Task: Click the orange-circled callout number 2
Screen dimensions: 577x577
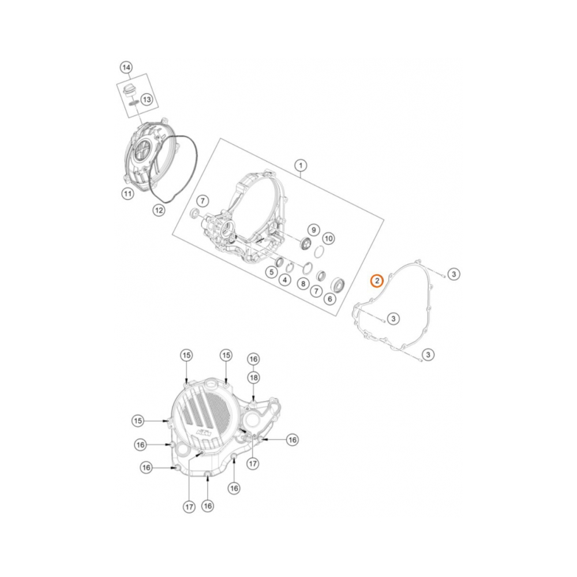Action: tap(376, 280)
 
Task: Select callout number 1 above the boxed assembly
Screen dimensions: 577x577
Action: tap(300, 166)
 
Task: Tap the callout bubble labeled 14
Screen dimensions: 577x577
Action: tap(126, 68)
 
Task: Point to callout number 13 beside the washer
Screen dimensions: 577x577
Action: tap(147, 100)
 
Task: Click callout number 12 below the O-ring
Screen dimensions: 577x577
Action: tap(159, 211)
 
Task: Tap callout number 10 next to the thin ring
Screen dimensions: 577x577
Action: tap(328, 238)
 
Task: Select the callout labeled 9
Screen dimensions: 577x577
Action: tap(312, 229)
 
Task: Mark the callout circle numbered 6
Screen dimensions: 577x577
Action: tap(330, 298)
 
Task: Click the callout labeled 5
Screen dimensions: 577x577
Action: tap(271, 271)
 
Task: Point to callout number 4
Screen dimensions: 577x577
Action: tap(284, 280)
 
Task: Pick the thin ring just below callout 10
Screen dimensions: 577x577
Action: tap(318, 251)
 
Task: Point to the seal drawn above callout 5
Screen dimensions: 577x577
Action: tap(278, 263)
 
